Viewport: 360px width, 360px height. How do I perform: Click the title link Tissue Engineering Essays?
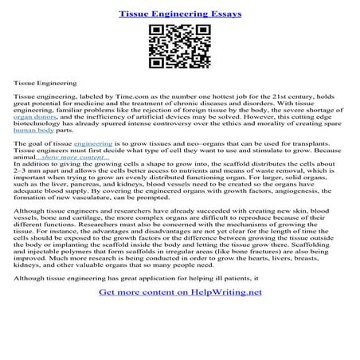point(180,14)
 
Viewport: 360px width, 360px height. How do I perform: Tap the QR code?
point(179,48)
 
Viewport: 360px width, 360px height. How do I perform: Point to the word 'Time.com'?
point(138,95)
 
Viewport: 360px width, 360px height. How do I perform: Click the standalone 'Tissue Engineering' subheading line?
point(45,81)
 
